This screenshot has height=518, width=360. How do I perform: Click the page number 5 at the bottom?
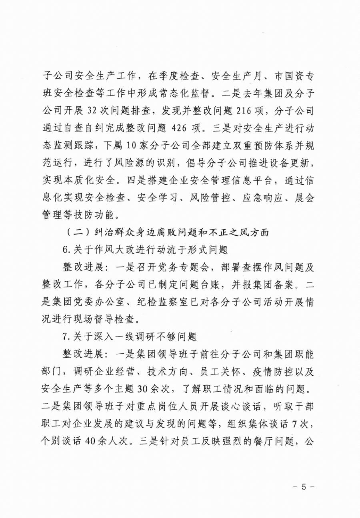[x=304, y=487]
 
